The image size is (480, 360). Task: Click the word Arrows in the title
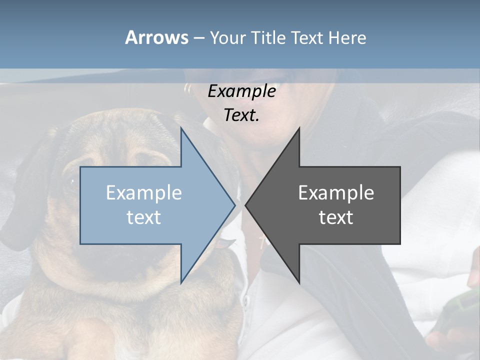156,37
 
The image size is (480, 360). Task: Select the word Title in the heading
268,37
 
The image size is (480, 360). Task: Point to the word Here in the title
346,37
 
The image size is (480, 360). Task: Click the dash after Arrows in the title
198,38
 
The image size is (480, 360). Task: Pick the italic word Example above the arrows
241,91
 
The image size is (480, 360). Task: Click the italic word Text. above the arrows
241,115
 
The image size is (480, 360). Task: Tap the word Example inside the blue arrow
144,193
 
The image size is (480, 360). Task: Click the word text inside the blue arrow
144,217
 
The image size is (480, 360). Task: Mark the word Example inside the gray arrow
336,193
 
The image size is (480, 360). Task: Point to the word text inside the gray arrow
336,217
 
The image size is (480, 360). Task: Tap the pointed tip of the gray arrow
247,204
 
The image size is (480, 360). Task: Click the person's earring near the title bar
188,90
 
